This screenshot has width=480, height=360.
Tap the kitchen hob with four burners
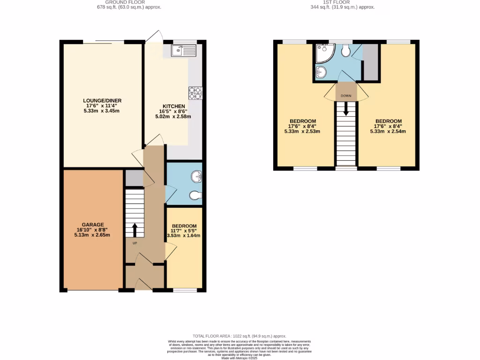pos(195,93)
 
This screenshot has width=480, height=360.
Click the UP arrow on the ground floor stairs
pos(135,230)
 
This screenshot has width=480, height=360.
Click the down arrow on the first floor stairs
pos(346,110)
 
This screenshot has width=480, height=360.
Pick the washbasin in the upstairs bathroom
pos(322,72)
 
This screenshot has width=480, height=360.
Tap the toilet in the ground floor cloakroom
pos(195,195)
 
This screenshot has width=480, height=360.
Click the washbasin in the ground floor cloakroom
pos(196,176)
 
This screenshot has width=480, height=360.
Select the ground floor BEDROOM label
pos(184,226)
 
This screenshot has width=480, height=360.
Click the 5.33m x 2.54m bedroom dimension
pos(387,132)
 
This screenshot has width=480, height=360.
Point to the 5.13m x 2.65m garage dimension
pos(92,235)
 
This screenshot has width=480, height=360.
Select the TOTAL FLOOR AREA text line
pos(240,336)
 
